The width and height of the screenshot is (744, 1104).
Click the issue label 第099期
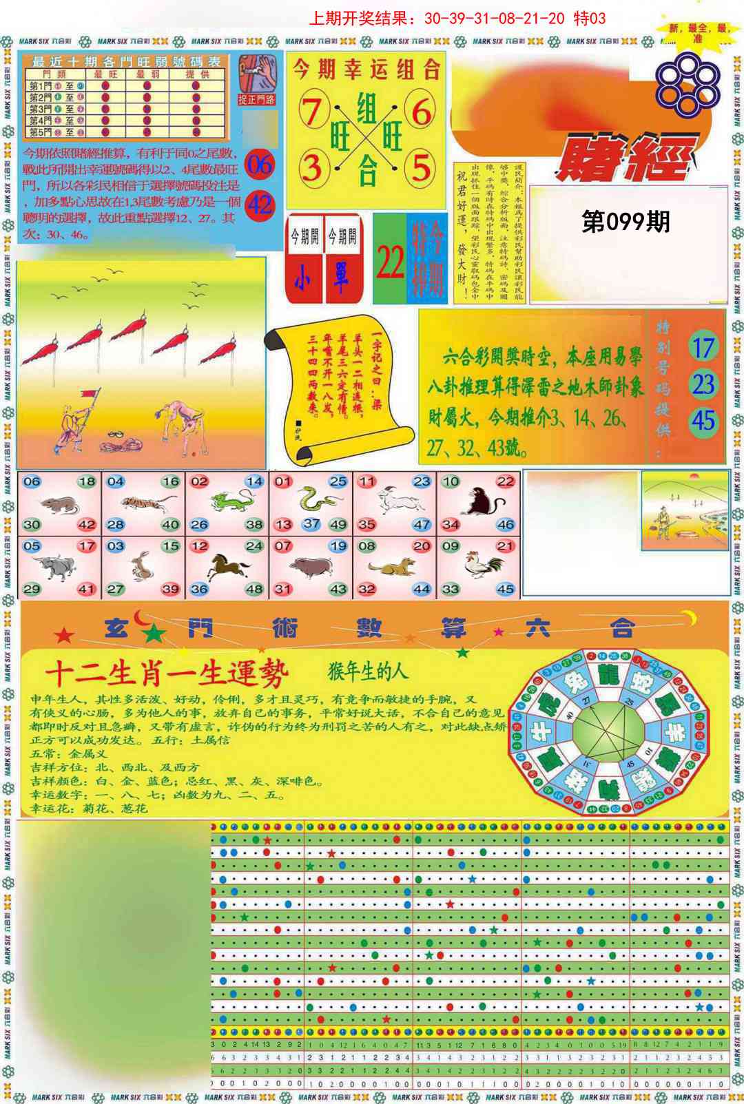[625, 222]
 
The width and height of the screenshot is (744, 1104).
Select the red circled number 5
[420, 167]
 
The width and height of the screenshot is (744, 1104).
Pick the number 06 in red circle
[260, 165]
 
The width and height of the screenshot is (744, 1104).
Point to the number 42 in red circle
[260, 205]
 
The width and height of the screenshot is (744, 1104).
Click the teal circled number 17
[703, 348]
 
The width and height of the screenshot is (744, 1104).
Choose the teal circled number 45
[703, 420]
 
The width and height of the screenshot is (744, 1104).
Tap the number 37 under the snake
[311, 524]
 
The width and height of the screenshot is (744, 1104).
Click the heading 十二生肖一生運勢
[166, 674]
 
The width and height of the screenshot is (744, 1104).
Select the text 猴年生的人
[368, 671]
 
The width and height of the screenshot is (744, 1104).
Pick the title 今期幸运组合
[366, 69]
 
